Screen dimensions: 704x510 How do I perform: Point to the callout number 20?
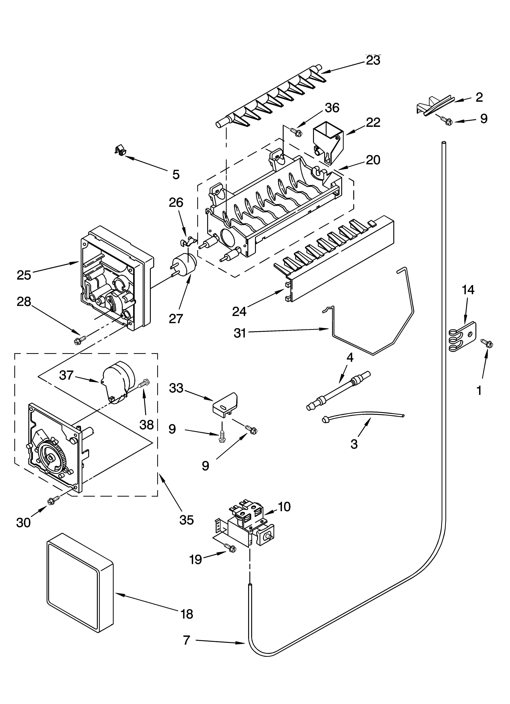point(373,160)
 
